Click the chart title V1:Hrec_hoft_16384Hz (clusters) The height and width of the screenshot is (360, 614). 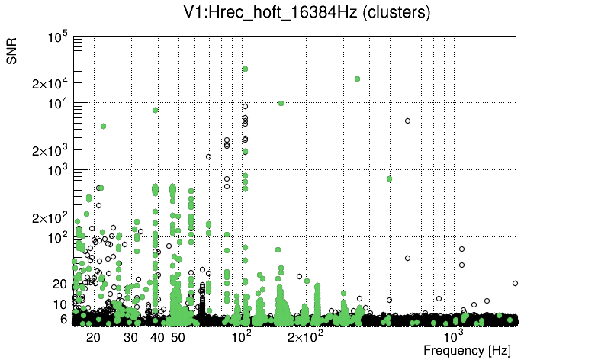pyautogui.click(x=307, y=13)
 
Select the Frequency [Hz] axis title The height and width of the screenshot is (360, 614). pyautogui.click(x=467, y=350)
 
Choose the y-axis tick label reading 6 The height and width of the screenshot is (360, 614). pyautogui.click(x=65, y=319)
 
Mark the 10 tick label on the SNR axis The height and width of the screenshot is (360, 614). pyautogui.click(x=61, y=304)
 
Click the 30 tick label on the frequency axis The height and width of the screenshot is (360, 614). pyautogui.click(x=130, y=337)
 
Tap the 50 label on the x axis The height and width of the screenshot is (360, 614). pyautogui.click(x=178, y=337)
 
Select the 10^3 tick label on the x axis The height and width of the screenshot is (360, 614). pyautogui.click(x=454, y=336)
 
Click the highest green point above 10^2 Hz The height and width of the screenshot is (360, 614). pyautogui.click(x=245, y=69)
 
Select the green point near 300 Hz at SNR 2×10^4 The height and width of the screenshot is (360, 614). pyautogui.click(x=357, y=79)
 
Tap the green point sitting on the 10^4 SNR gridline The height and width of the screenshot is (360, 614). pyautogui.click(x=281, y=103)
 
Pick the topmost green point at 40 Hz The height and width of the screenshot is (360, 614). pyautogui.click(x=156, y=110)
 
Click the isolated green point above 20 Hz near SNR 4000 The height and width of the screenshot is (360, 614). pyautogui.click(x=103, y=126)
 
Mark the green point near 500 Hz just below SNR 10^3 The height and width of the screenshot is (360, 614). pyautogui.click(x=389, y=178)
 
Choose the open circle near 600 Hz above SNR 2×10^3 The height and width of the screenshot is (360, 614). pyautogui.click(x=407, y=121)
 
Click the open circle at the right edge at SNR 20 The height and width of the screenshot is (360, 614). pyautogui.click(x=515, y=283)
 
